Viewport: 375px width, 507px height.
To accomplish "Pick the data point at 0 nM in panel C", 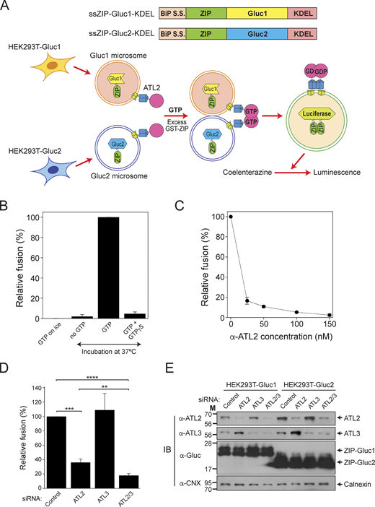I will point(231,216).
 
